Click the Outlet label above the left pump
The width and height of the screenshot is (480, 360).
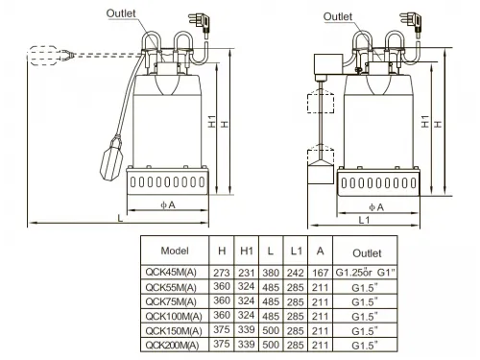(x=121, y=13)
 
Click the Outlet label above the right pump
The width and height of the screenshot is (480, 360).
(x=338, y=16)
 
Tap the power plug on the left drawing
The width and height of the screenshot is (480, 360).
(x=200, y=22)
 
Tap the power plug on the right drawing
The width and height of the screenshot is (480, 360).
(x=411, y=22)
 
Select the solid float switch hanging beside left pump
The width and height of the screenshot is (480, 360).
(x=111, y=157)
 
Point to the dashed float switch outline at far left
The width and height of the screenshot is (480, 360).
(x=51, y=56)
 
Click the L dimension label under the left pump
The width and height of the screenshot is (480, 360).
(x=120, y=218)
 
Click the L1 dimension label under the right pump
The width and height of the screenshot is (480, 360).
(x=364, y=220)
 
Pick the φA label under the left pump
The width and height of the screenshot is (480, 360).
(x=168, y=204)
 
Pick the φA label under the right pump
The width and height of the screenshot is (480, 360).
(x=376, y=207)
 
